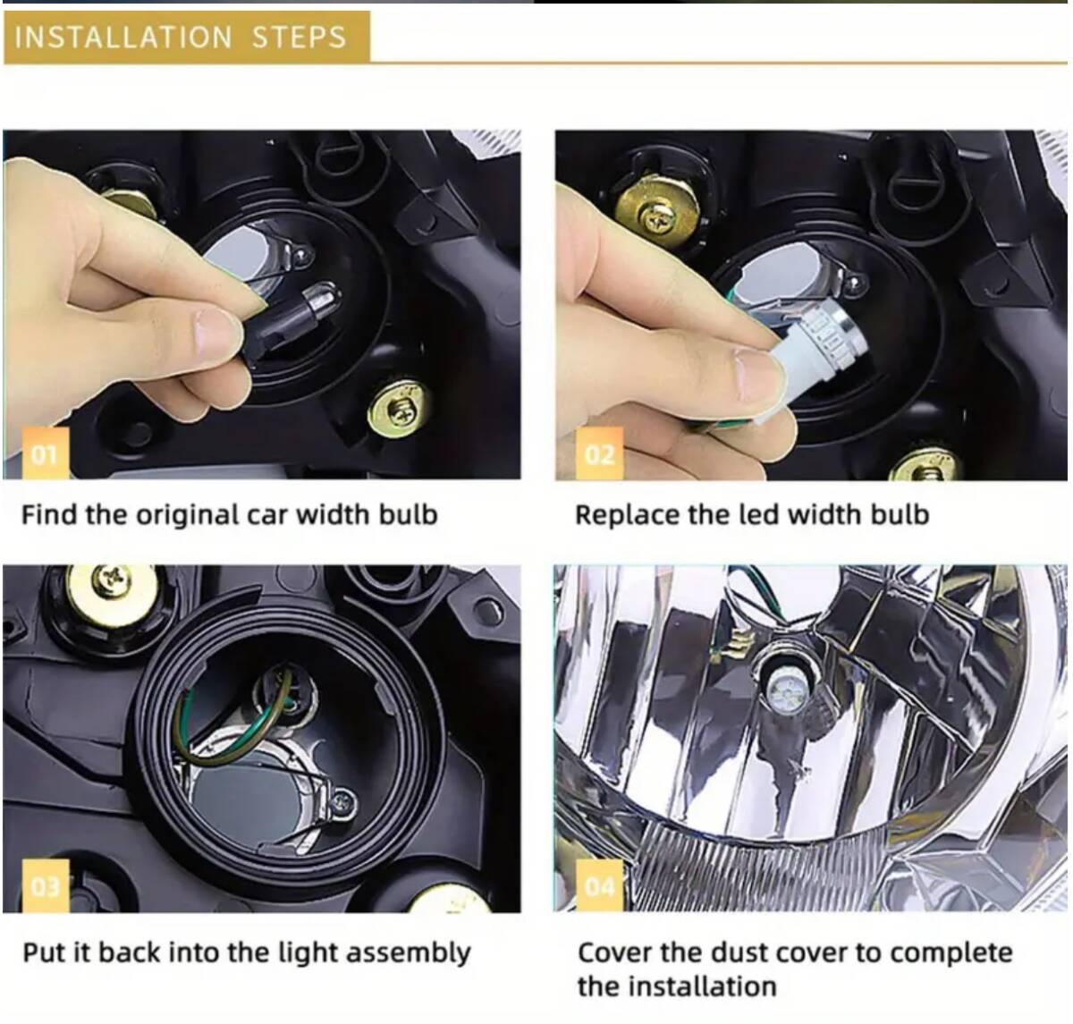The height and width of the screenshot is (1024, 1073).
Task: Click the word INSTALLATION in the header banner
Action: coord(123,38)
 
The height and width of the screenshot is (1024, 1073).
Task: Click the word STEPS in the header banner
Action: coord(299,38)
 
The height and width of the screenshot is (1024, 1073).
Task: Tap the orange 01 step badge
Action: coord(46,453)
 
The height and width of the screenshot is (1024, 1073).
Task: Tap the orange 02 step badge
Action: coord(599,453)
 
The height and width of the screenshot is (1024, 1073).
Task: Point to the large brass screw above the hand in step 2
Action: coord(659,214)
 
